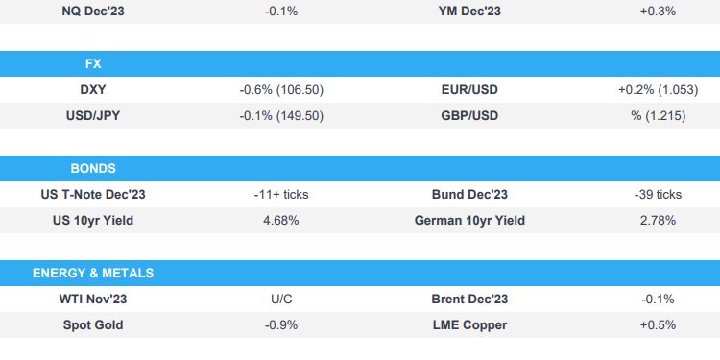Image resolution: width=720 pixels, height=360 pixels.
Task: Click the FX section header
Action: point(93,64)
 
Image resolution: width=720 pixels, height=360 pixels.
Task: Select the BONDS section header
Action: point(93,168)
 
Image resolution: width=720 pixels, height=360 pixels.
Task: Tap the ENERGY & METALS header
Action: point(93,273)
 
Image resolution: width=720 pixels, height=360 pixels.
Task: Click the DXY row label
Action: point(93,89)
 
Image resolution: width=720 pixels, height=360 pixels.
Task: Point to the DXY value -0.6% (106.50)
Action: point(281,89)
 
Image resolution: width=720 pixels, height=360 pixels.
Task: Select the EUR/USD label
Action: point(469,89)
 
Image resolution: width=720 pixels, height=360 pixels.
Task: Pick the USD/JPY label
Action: point(93,115)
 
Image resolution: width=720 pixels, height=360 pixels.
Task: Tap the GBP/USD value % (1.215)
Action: point(658,115)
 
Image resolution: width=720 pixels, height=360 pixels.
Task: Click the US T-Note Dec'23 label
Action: point(93,194)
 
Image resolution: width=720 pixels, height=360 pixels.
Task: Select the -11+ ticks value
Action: point(281,194)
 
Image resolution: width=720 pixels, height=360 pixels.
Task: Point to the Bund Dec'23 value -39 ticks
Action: point(658,194)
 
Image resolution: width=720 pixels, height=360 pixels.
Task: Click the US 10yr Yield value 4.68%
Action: point(281,220)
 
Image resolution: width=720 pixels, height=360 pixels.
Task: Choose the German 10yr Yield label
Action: point(469,220)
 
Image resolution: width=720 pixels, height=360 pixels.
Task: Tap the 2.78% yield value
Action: point(658,220)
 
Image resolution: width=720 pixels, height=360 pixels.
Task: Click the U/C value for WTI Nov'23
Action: point(281,299)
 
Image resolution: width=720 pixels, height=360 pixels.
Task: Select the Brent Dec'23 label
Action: point(469,299)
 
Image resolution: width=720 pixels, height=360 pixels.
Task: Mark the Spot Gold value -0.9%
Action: point(281,324)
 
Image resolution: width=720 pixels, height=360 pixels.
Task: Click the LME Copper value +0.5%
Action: point(658,324)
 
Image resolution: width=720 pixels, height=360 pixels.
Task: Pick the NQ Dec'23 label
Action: point(93,11)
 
